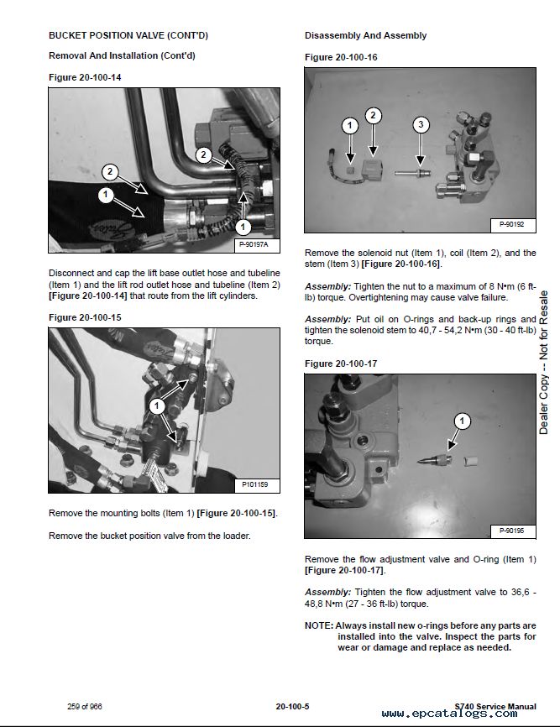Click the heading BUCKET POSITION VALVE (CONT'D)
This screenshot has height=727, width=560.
128,35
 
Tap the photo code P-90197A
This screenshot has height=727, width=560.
258,244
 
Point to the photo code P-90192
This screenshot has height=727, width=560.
511,224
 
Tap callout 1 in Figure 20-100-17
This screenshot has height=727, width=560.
463,420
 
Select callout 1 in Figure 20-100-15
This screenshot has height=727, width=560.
155,405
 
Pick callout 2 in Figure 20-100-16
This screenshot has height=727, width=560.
374,117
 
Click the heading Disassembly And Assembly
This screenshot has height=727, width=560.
365,35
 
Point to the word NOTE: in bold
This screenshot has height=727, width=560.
318,625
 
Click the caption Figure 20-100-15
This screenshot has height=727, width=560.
85,317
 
